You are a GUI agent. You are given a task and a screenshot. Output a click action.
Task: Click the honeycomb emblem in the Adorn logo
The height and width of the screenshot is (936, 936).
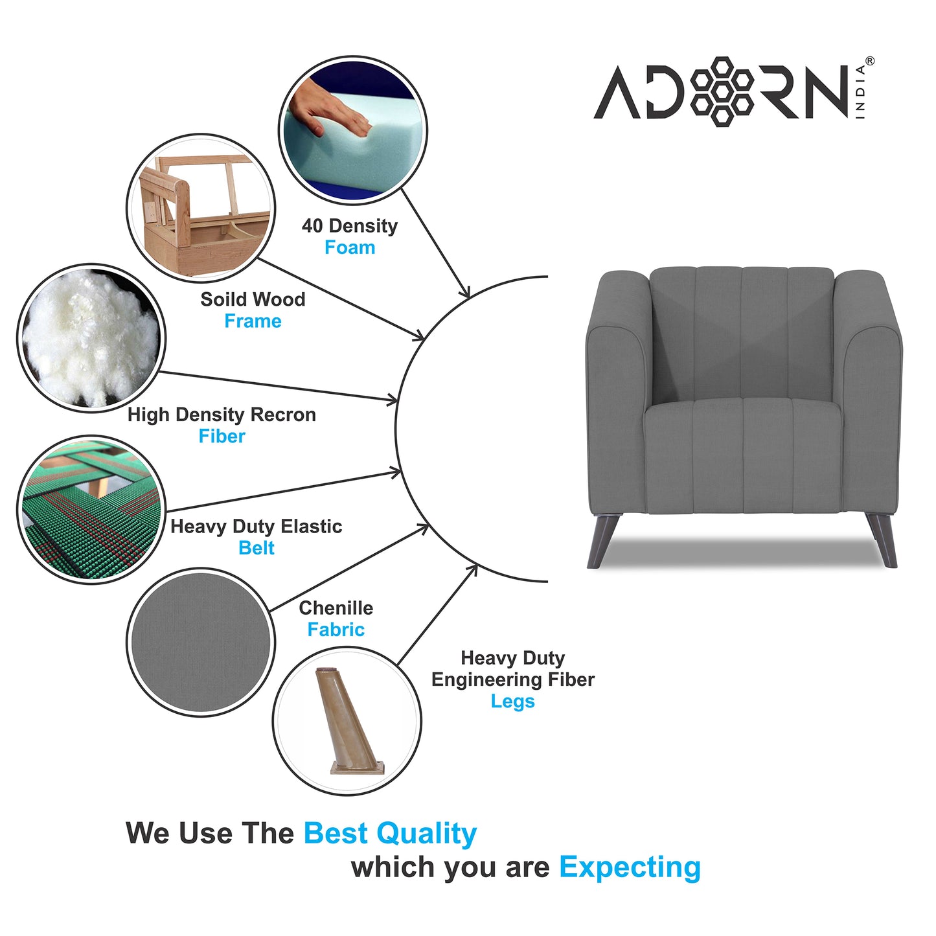(x=722, y=91)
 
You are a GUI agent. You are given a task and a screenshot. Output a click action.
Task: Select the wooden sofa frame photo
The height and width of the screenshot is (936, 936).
(x=201, y=208)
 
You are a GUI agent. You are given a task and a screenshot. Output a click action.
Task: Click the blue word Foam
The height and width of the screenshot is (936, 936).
(x=350, y=247)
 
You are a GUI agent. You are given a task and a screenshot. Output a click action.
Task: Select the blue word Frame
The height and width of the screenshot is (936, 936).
(x=253, y=321)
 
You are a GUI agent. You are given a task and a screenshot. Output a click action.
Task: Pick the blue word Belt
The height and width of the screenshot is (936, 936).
(x=257, y=548)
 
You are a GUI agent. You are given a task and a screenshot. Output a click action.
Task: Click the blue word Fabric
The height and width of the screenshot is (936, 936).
(x=336, y=630)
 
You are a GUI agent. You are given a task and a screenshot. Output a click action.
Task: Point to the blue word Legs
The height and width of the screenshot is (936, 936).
(x=512, y=702)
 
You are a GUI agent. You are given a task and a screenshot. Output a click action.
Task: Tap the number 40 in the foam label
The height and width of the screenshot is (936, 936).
(x=312, y=226)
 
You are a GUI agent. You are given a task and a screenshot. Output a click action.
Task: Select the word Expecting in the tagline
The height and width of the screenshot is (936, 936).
(x=630, y=867)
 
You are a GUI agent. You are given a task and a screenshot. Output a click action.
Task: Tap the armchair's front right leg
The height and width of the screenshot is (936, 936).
(x=883, y=540)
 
